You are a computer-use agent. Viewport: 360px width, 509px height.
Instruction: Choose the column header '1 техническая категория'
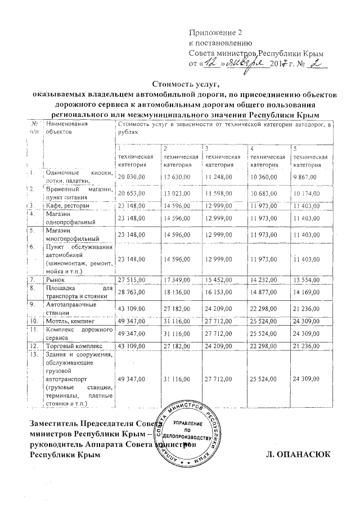pyautogui.click(x=135, y=156)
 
